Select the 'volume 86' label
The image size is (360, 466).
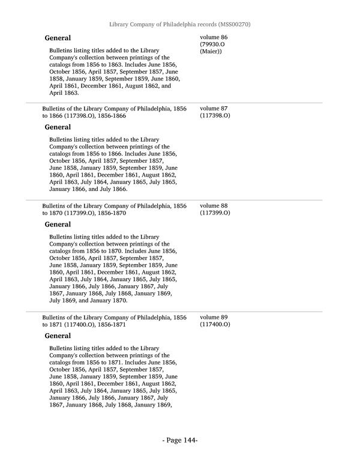pos(214,37)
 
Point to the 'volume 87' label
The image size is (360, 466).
pos(214,109)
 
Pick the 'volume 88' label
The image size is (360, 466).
pos(214,206)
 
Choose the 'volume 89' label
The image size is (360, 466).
pos(214,317)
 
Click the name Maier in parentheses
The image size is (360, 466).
pos(211,52)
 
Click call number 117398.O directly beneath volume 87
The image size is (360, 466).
pos(215,116)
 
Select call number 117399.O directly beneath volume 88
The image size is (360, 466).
pos(215,213)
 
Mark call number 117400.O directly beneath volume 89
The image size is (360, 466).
pos(215,324)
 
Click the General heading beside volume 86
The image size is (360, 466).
pos(58,38)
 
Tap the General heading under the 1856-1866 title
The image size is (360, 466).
pos(58,127)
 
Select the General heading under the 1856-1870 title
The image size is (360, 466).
pos(58,225)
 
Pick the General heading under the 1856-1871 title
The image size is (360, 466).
pos(58,336)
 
